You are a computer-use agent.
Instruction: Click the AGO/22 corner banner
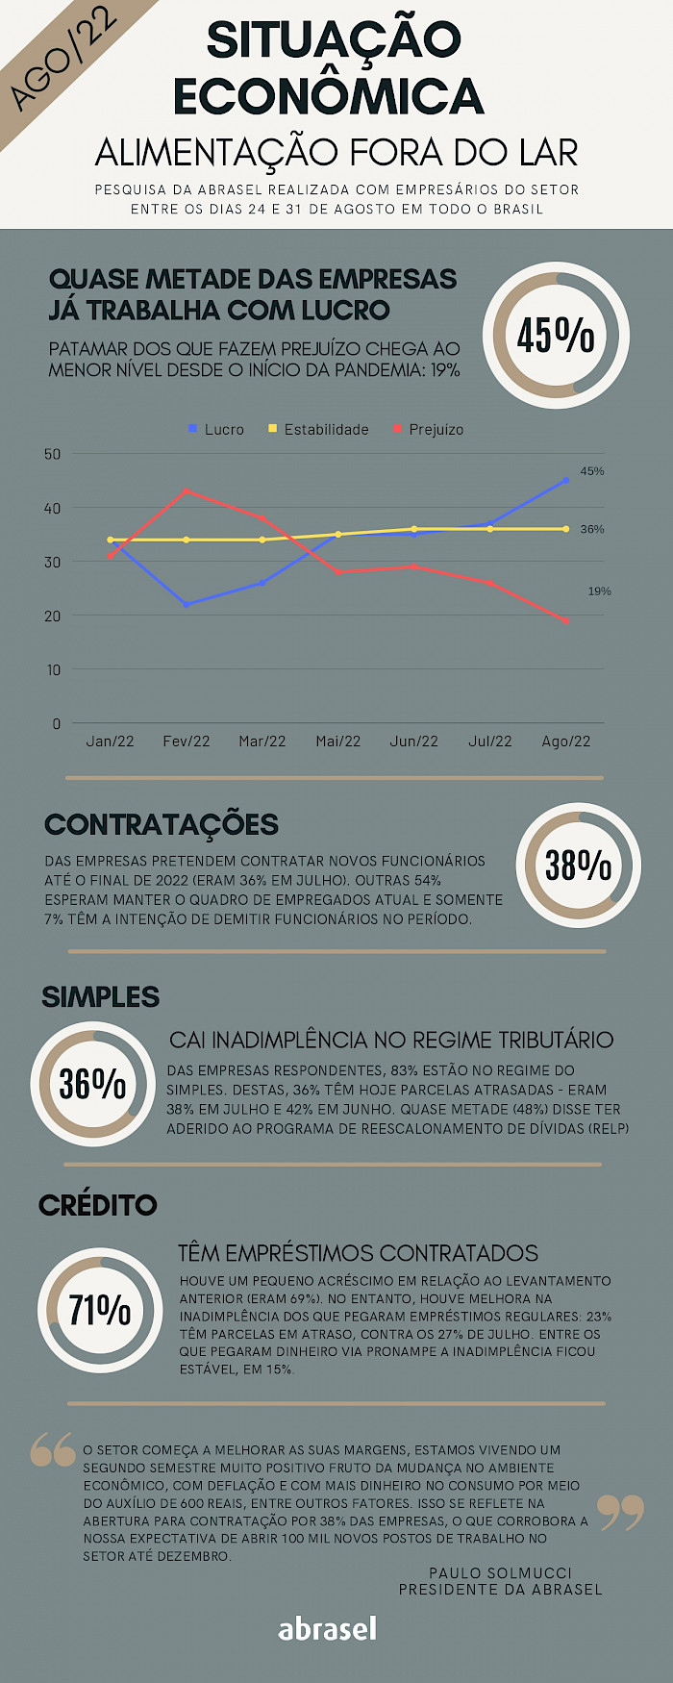[x=63, y=60]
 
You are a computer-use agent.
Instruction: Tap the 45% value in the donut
[x=556, y=336]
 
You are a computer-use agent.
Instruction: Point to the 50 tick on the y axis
[x=53, y=454]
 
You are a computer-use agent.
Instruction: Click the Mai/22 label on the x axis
[x=337, y=741]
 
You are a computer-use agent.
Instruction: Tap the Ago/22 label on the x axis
[x=565, y=741]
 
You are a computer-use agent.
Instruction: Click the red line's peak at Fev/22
[x=187, y=491]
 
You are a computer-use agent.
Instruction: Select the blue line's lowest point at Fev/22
[x=187, y=604]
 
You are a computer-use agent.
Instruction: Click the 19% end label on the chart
[x=599, y=590]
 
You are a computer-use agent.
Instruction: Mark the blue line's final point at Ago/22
[x=565, y=480]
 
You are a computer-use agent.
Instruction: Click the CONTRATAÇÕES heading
[x=162, y=824]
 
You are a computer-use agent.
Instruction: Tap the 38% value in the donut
[x=578, y=865]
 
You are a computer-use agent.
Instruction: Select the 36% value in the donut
[x=92, y=1084]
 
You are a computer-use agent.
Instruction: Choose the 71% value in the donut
[x=99, y=1309]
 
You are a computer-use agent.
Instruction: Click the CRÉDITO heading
[x=97, y=1205]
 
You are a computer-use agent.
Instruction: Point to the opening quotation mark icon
[x=53, y=1449]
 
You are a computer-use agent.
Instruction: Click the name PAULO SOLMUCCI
[x=500, y=1572]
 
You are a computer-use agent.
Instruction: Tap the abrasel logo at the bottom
[x=327, y=1628]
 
